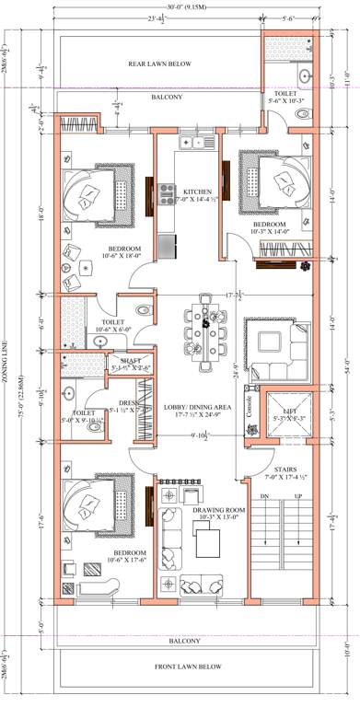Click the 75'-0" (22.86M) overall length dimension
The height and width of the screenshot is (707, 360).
tap(8, 353)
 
